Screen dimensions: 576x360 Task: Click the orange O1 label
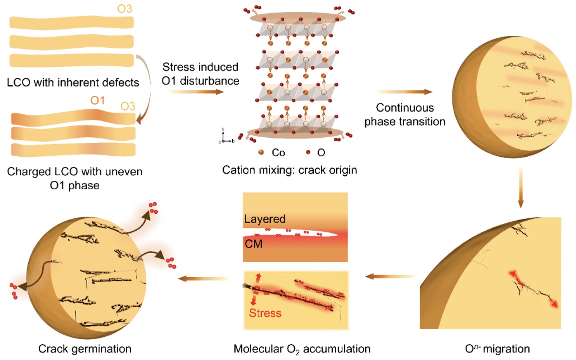[x=98, y=101]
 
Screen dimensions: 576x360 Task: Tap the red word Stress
[x=265, y=313]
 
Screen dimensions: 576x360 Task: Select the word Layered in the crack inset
[x=265, y=219]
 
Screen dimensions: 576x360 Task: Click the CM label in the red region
[x=253, y=244]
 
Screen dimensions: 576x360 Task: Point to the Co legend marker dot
[x=261, y=153]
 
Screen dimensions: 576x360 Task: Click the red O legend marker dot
[x=308, y=153]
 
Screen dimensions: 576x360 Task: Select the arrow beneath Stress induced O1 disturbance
[x=196, y=92]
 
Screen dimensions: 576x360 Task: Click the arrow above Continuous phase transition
[x=405, y=92]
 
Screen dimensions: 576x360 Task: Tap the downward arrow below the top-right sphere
[x=521, y=187]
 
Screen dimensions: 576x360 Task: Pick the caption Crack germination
[x=85, y=349]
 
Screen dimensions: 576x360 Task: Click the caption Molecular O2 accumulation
[x=302, y=349]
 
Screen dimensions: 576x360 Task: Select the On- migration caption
[x=497, y=349]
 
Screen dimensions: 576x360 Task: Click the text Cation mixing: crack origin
[x=290, y=170]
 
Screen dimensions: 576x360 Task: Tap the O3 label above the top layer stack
[x=125, y=9]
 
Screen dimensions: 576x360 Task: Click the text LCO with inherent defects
[x=73, y=82]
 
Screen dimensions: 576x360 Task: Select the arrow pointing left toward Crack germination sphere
[x=204, y=278]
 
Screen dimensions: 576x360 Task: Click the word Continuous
[x=405, y=108]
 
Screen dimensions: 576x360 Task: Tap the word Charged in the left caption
[x=28, y=172]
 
